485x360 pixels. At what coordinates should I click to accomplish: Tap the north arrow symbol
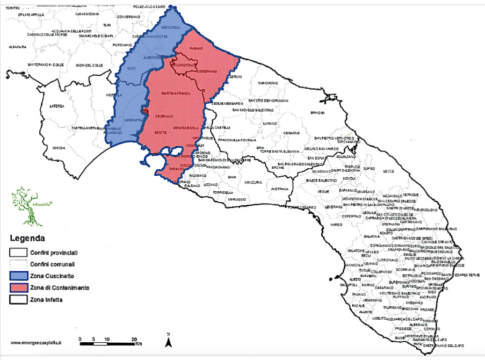(x=170, y=332)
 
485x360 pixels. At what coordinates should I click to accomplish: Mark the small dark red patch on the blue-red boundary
(x=145, y=110)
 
